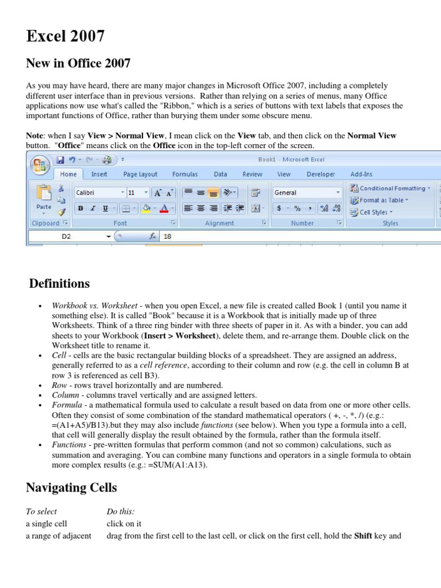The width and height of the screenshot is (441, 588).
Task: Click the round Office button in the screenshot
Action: click(40, 166)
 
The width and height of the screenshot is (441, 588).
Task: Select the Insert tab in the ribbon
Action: click(99, 174)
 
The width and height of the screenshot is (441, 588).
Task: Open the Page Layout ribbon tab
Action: click(140, 174)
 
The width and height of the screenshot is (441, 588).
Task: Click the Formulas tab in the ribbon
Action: click(185, 174)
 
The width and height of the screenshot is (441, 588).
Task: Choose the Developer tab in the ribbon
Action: click(320, 174)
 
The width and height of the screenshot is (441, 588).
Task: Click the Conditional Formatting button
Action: click(392, 188)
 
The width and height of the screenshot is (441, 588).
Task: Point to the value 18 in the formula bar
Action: click(168, 236)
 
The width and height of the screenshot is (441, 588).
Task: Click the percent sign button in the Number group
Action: click(297, 208)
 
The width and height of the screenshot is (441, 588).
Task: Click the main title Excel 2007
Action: click(65, 36)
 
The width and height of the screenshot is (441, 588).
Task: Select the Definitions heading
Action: click(59, 284)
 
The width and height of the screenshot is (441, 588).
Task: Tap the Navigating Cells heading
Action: click(71, 488)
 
